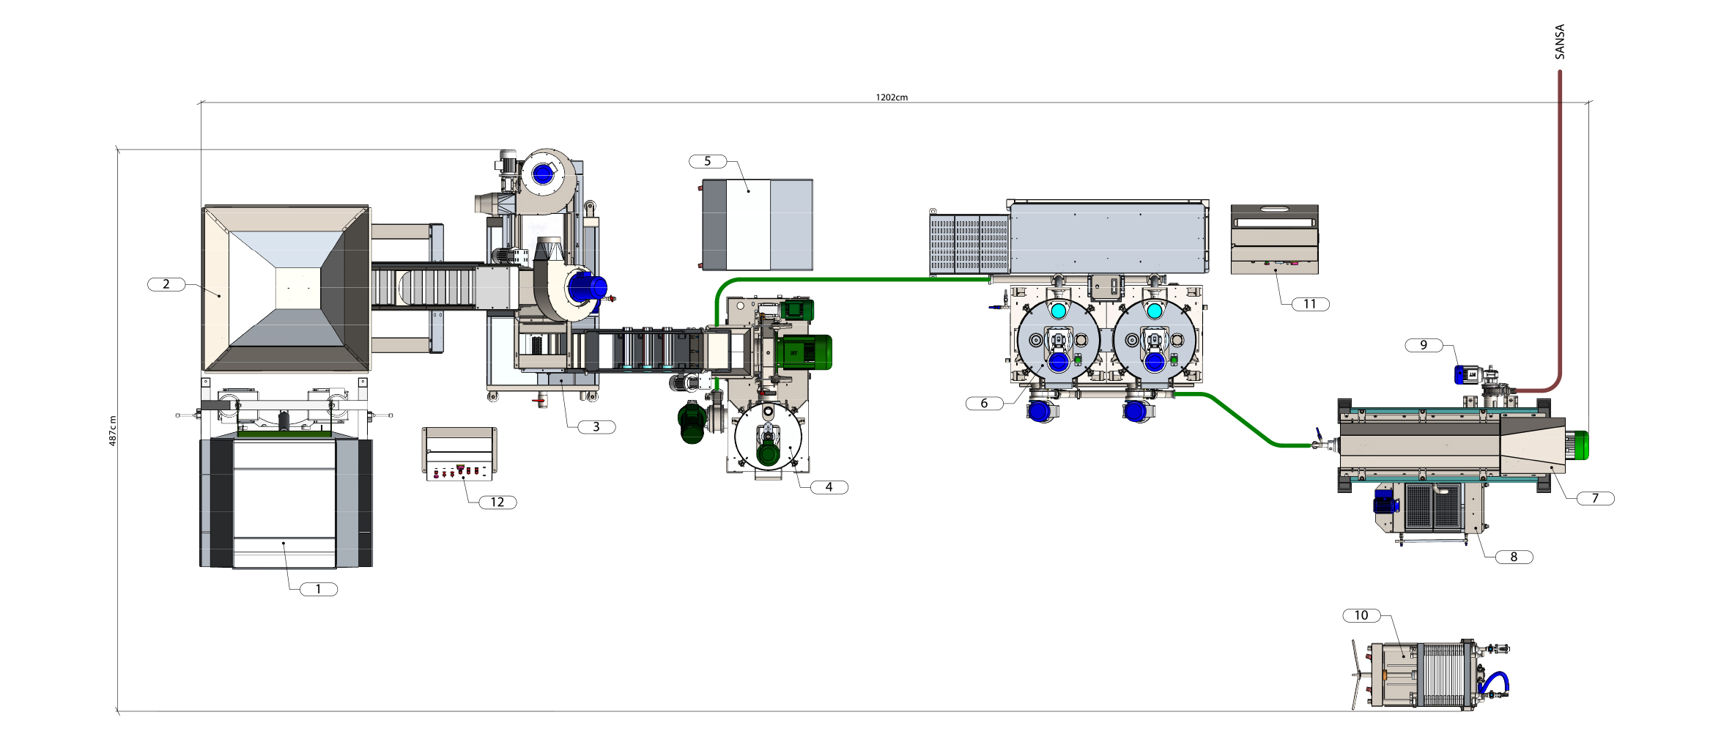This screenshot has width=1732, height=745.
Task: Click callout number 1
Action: tap(319, 589)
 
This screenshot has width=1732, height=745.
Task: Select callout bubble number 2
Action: tap(166, 284)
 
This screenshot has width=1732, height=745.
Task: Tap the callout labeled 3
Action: tap(596, 426)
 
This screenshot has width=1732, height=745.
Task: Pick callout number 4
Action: tap(829, 487)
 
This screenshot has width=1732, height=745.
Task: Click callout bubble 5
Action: tap(708, 161)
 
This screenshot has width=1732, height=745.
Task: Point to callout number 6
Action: tap(984, 403)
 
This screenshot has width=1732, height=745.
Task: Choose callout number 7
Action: tap(1595, 498)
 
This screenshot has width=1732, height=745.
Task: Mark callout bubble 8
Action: tap(1514, 557)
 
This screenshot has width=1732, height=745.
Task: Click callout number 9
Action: tap(1424, 345)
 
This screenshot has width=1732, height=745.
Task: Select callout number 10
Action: tap(1361, 615)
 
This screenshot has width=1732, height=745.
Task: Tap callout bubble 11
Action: tap(1309, 304)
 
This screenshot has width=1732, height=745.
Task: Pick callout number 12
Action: tap(497, 502)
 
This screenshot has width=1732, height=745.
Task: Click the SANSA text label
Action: tap(1559, 42)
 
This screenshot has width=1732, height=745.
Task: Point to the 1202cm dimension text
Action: tap(892, 97)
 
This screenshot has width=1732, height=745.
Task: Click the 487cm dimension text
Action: tap(113, 431)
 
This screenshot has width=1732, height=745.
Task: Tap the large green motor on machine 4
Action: tap(804, 352)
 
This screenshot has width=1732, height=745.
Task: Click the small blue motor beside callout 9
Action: tap(1465, 375)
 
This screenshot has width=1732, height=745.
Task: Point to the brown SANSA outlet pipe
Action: tap(1559, 220)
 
